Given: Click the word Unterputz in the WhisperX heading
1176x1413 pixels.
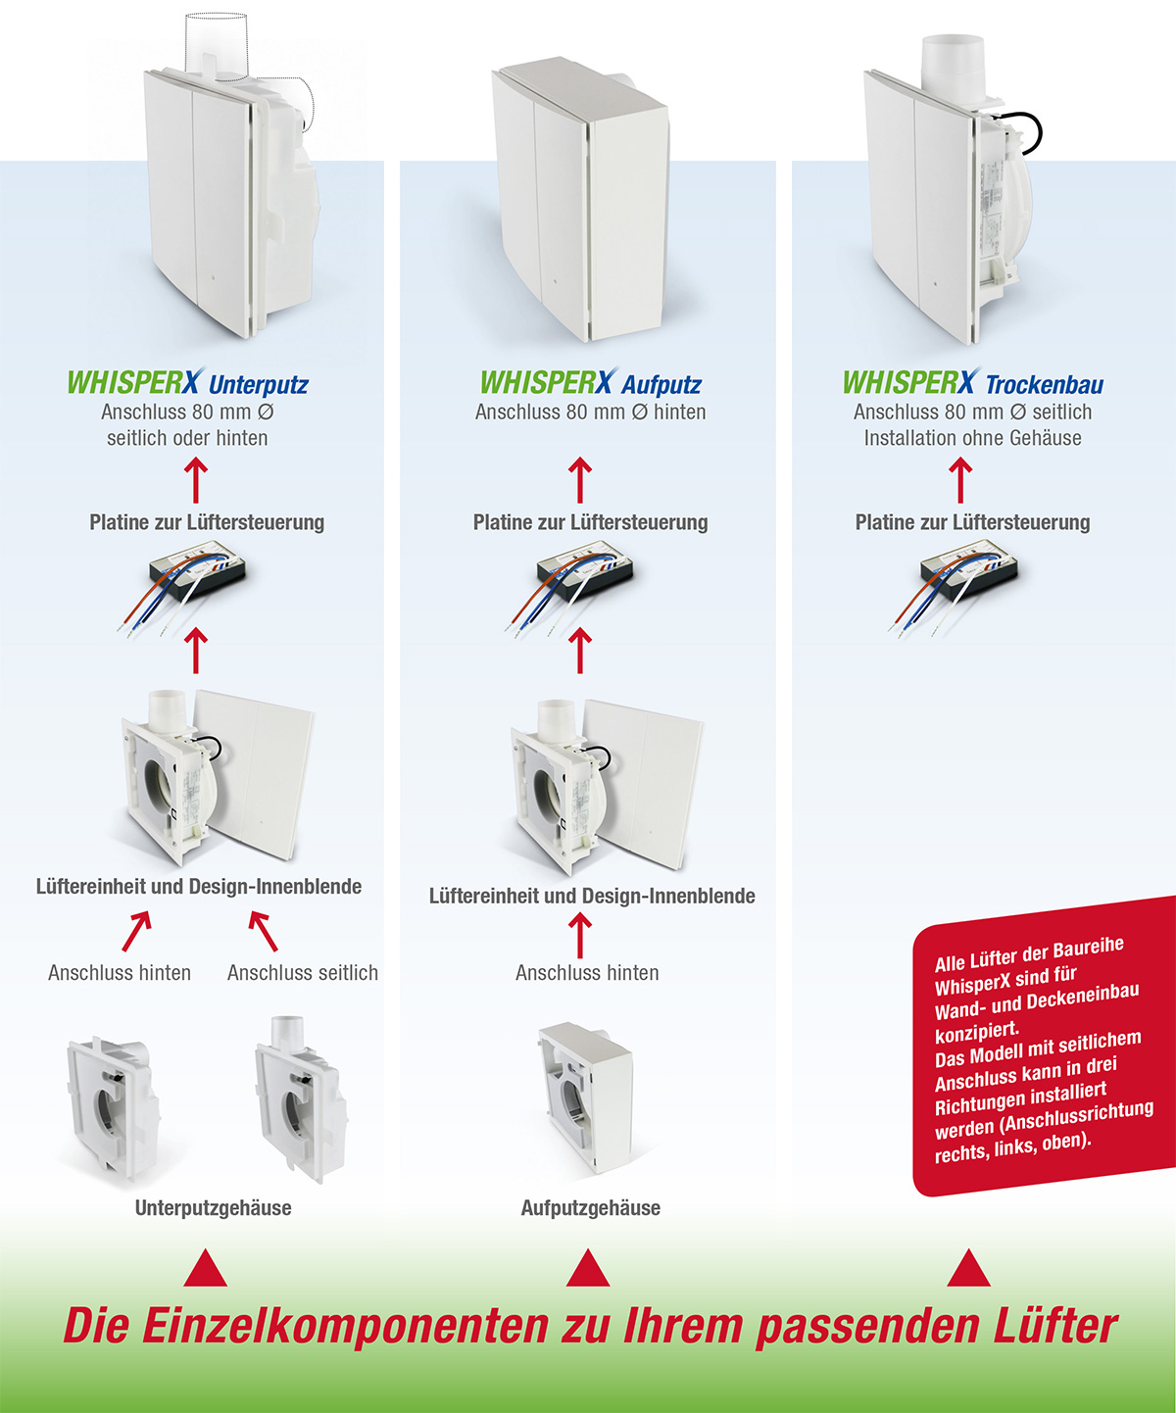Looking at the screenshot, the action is [x=258, y=385].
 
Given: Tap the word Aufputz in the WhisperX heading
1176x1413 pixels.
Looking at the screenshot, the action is [x=661, y=385].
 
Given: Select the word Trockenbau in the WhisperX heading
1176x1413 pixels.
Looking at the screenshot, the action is [x=1044, y=384].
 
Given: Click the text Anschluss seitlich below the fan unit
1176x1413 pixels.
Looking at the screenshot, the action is [x=303, y=972].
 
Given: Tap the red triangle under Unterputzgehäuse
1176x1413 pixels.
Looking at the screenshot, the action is [x=205, y=1268].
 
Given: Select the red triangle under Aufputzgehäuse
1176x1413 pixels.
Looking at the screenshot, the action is [x=588, y=1268].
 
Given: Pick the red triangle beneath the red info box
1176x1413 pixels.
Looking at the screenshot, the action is [x=969, y=1268].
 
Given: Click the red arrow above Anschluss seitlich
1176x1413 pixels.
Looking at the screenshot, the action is [x=264, y=931].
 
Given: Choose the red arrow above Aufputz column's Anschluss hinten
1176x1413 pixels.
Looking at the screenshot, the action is [x=579, y=936].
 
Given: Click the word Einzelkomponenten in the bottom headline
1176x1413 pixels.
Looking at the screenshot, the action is [x=345, y=1326].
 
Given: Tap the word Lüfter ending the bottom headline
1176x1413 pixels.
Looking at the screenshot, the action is [x=1055, y=1326].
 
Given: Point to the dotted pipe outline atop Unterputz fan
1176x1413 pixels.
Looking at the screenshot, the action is [x=217, y=40].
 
